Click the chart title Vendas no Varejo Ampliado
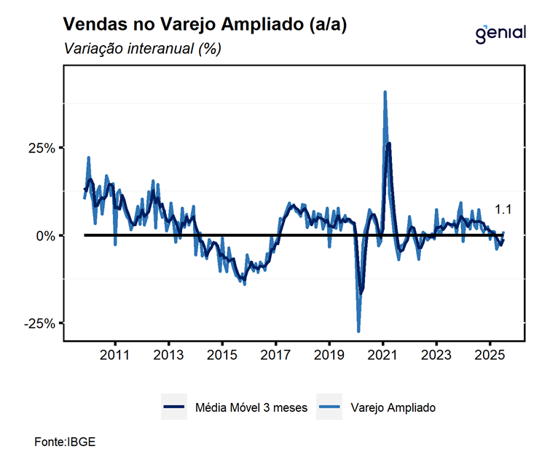[205, 25]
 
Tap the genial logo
[500, 34]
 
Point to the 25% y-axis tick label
[41, 148]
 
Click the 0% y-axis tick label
[45, 235]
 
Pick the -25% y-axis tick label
[39, 323]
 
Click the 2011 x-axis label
[114, 356]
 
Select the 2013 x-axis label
[168, 356]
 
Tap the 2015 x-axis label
[221, 356]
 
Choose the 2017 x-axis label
[275, 356]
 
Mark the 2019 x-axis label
[329, 356]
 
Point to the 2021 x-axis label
[382, 356]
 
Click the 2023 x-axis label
[436, 356]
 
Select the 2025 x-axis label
[490, 356]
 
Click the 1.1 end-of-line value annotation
[503, 210]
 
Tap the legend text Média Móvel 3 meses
[251, 407]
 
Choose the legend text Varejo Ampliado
[393, 407]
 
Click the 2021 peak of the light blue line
[385, 92]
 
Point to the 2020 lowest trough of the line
[358, 331]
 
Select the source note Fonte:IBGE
[65, 442]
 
